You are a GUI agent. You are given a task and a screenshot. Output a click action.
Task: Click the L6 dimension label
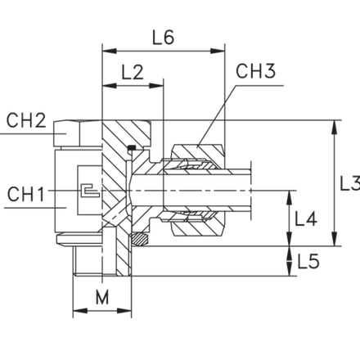tap(163, 38)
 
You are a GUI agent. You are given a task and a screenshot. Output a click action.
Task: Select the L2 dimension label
tap(133, 72)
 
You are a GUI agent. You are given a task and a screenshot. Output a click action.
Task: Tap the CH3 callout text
tap(255, 71)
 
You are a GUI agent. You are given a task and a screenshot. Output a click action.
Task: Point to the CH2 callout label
tap(26, 120)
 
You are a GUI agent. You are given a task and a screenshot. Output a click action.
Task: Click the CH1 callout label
tap(25, 194)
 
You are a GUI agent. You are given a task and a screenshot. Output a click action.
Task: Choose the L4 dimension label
tap(306, 219)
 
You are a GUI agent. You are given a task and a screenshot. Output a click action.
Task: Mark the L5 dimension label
tap(308, 261)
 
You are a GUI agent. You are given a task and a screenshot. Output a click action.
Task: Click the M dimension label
tap(102, 297)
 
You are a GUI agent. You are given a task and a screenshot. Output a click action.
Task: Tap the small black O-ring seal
tap(132, 148)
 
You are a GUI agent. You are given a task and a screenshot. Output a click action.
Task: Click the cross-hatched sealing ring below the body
tap(139, 239)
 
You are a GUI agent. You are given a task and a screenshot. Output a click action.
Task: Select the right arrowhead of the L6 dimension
tap(218, 51)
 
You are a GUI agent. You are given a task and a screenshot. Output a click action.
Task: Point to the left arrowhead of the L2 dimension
tap(109, 85)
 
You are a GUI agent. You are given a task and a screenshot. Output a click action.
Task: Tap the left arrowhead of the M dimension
tap(80, 311)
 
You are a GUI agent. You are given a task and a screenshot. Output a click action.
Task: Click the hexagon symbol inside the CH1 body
tap(90, 191)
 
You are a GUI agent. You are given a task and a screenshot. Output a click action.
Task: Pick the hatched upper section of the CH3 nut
tap(198, 151)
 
